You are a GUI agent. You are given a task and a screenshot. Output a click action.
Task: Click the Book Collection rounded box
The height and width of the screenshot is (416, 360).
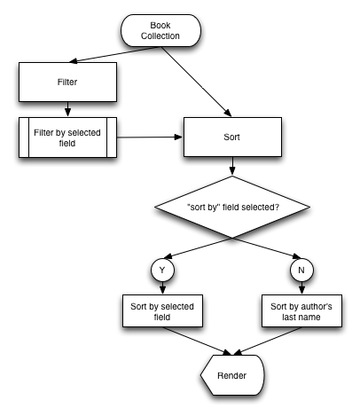tap(160, 30)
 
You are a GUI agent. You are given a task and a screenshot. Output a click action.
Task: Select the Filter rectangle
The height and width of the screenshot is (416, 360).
tap(67, 82)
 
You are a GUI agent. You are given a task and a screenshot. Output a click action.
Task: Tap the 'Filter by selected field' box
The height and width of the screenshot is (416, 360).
tap(67, 137)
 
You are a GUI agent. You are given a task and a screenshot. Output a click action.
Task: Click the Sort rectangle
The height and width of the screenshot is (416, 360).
tap(232, 137)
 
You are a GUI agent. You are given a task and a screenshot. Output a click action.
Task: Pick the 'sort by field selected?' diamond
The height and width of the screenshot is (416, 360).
tap(232, 207)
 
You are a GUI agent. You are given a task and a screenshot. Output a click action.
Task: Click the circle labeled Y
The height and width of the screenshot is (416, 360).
tap(162, 270)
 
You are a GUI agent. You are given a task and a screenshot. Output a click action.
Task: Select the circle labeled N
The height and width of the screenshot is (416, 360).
tap(301, 270)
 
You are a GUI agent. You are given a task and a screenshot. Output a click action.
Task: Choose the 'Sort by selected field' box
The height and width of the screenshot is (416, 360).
tap(162, 310)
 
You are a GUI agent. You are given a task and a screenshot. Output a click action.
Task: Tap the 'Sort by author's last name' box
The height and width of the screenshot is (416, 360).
tap(301, 310)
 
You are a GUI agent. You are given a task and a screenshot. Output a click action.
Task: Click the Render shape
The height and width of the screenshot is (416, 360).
tap(232, 375)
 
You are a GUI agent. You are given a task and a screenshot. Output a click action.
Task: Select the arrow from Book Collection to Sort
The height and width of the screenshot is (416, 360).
tap(197, 82)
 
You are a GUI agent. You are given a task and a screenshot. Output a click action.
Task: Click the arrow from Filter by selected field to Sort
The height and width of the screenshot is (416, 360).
tap(150, 137)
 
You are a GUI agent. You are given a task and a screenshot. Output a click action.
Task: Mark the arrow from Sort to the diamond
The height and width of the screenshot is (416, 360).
tap(232, 166)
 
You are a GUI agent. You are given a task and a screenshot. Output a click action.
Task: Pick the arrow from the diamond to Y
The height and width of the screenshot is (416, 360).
tap(198, 247)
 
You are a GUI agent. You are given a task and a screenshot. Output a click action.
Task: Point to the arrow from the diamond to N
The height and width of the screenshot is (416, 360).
tap(267, 247)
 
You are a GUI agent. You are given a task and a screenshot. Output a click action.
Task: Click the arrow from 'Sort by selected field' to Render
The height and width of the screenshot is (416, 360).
tap(197, 341)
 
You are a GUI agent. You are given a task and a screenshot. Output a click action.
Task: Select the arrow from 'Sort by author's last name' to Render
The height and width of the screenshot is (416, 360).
tap(268, 341)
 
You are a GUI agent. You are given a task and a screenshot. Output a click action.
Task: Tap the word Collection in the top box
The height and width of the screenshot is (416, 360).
tap(160, 35)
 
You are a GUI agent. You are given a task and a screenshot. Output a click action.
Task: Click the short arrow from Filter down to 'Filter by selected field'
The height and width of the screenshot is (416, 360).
tap(67, 109)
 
